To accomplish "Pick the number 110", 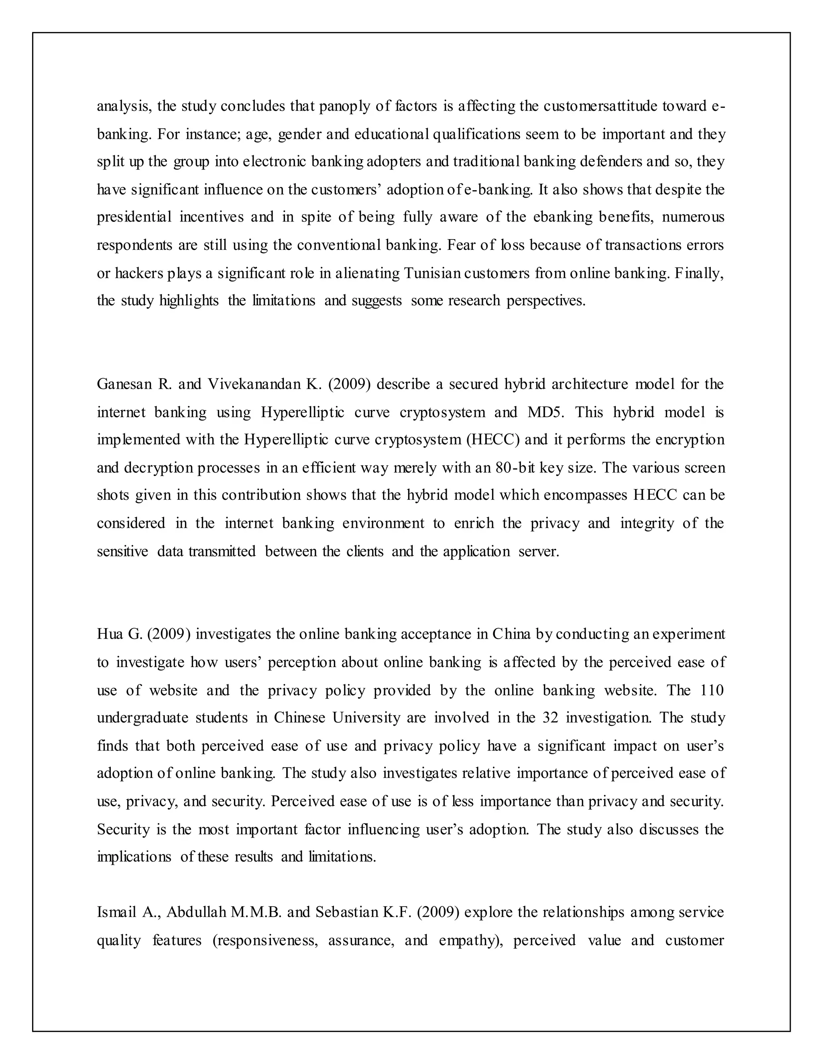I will coord(712,690).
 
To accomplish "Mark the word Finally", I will coord(699,273).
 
